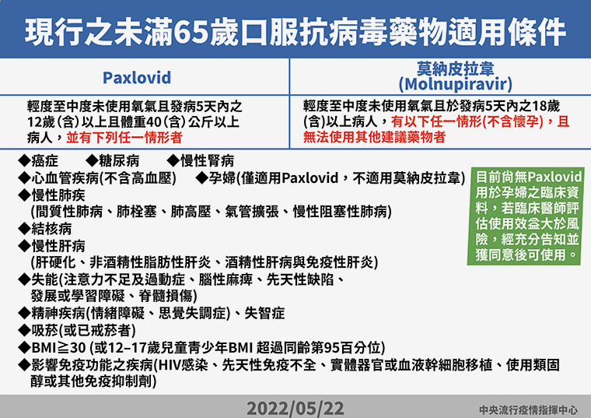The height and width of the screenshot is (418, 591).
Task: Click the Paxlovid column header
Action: (137, 78)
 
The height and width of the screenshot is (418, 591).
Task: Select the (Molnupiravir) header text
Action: (456, 84)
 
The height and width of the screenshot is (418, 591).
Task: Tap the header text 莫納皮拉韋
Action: (456, 68)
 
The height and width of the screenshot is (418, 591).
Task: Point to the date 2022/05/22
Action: (295, 409)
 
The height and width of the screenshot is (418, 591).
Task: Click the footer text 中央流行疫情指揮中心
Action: (528, 409)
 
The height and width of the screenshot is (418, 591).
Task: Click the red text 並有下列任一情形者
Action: (124, 137)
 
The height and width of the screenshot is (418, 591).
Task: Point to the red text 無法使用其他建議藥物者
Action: (374, 136)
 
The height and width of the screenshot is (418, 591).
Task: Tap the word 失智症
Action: (264, 313)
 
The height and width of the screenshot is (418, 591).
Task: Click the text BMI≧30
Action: (59, 347)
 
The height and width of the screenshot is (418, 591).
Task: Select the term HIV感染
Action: (183, 365)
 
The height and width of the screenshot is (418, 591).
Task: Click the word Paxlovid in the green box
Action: (554, 177)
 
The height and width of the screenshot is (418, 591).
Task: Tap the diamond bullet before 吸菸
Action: (25, 330)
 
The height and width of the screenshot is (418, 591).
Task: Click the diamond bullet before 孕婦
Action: (202, 177)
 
